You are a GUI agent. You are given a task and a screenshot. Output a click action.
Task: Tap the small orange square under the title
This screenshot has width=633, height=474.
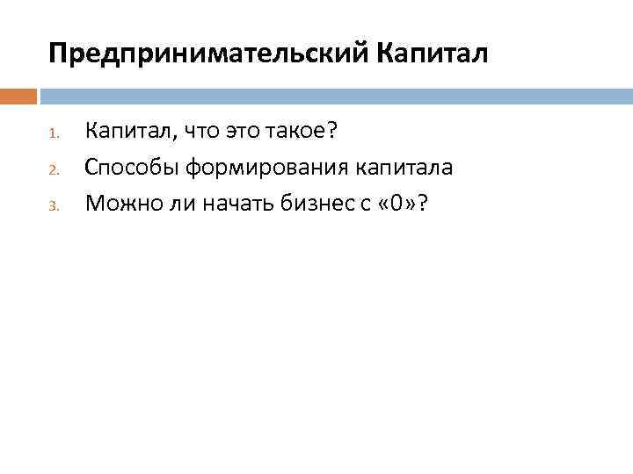coord(18,96)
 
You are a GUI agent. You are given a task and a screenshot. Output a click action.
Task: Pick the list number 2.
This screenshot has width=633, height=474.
coord(53,169)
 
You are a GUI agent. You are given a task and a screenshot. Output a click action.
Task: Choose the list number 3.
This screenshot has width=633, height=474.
coord(53,205)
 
